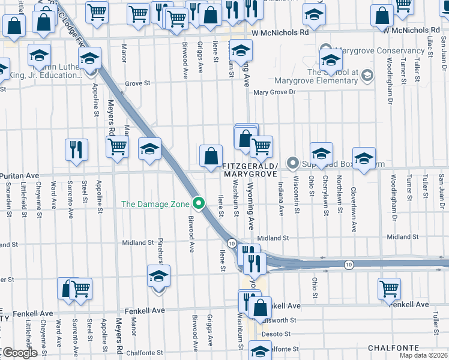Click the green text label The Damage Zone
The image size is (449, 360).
pyautogui.click(x=155, y=204)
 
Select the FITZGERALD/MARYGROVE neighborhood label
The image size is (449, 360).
pyautogui.click(x=249, y=169)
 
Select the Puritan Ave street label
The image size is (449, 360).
pyautogui.click(x=19, y=176)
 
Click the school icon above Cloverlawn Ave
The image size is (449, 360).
pyautogui.click(x=364, y=158)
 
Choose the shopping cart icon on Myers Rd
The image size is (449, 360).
pyautogui.click(x=117, y=146)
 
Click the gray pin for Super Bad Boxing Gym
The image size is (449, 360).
pyautogui.click(x=293, y=163)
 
